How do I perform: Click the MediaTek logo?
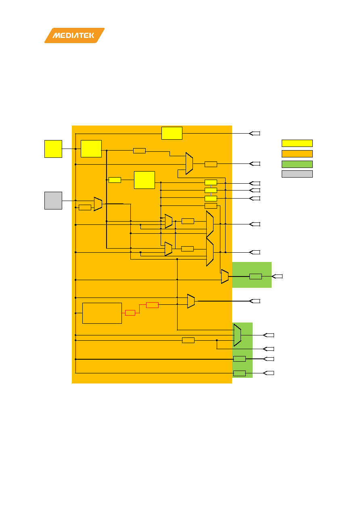(x=74, y=36)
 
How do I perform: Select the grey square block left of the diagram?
(x=53, y=201)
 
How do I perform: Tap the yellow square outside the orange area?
(x=53, y=149)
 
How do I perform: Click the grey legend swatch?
(x=297, y=174)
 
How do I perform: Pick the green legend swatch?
(x=297, y=164)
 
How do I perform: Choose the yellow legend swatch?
(x=297, y=143)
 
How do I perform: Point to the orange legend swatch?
(x=297, y=154)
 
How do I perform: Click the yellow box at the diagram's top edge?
(x=172, y=133)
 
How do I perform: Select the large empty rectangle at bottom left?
(x=102, y=313)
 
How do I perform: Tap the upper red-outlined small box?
(x=152, y=305)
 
